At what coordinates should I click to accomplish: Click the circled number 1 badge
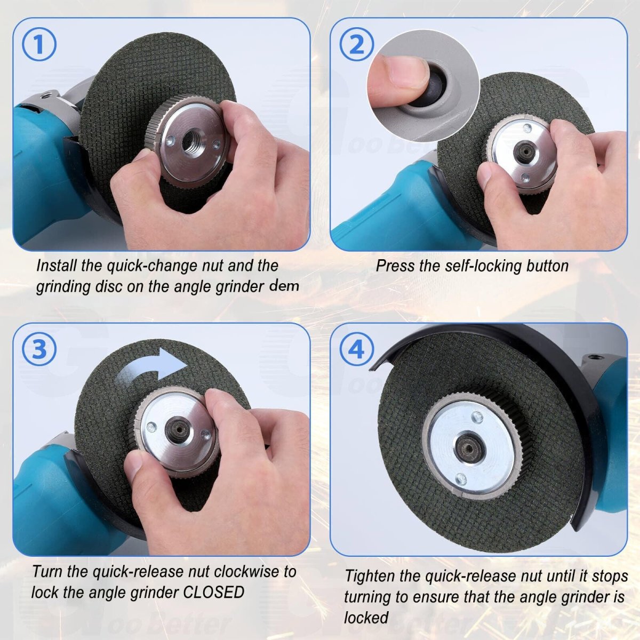39,44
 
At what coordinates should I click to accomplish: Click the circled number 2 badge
357,44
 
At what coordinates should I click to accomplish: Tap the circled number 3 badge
39,349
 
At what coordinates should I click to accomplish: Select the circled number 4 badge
357,349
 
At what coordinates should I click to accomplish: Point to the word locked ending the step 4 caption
366,618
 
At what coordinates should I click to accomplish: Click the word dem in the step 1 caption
284,286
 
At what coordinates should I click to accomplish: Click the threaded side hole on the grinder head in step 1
44,96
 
